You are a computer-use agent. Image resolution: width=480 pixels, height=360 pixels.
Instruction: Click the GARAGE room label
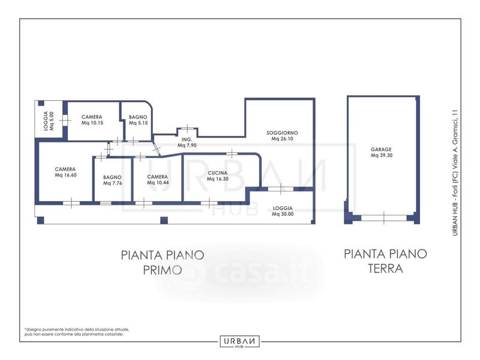[x=381, y=149]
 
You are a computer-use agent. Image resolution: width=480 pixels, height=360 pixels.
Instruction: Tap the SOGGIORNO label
[x=282, y=133]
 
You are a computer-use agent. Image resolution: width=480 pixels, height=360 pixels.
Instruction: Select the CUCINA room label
[x=217, y=173]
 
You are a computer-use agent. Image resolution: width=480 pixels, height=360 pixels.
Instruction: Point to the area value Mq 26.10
[x=282, y=139]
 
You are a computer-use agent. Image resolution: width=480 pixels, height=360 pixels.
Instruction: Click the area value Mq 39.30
[x=382, y=155]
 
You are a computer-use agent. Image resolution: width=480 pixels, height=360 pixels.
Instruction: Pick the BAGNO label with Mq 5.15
[x=138, y=117]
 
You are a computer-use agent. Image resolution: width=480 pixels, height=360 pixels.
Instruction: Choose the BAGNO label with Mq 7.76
[x=112, y=177]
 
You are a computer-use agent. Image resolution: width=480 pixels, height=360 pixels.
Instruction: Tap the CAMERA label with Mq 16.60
[x=65, y=169]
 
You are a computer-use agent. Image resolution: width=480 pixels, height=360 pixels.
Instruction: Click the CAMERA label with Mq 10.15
[x=92, y=117]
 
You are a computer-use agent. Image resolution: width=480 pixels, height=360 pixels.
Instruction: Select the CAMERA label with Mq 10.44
[x=157, y=177]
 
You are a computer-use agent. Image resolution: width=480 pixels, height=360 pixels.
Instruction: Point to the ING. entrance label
[x=187, y=140]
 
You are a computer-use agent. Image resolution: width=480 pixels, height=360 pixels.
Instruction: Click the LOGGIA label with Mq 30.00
[x=283, y=208]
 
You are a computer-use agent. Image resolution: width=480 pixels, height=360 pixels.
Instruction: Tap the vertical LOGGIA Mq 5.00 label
[x=49, y=121]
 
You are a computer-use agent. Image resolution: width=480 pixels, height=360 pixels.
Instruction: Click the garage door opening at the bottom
[x=384, y=218]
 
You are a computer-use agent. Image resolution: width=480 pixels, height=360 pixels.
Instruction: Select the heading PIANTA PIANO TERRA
[x=385, y=261]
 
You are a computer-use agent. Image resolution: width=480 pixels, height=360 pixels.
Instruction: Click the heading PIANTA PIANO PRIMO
[x=163, y=262]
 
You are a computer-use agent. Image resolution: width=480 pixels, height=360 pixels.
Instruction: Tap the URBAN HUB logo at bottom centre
[x=239, y=341]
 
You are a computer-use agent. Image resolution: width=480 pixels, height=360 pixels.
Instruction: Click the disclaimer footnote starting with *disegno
[x=77, y=332]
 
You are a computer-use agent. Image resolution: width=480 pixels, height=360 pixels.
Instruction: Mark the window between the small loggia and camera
[x=65, y=121]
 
